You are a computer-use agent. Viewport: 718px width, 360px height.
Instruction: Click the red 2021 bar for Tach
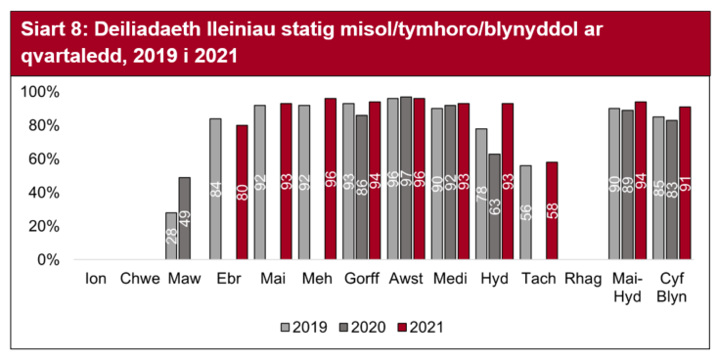552,210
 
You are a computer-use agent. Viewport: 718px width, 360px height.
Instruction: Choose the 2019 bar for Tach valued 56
526,212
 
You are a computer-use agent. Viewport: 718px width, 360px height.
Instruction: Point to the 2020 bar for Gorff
361,187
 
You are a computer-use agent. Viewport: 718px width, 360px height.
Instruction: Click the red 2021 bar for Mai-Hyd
641,181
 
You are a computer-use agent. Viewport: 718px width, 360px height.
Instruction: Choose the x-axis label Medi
450,279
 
